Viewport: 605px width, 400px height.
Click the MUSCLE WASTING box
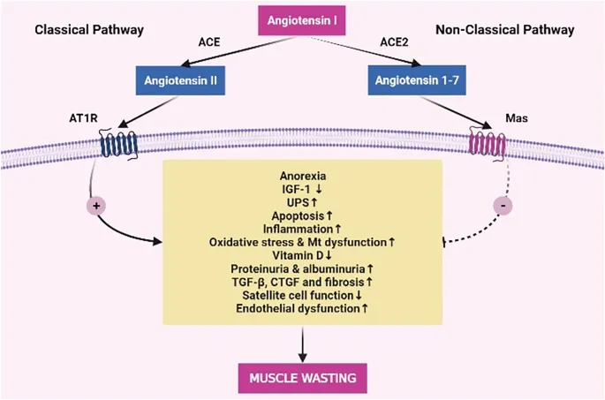(302, 379)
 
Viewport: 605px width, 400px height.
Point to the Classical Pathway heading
(88, 30)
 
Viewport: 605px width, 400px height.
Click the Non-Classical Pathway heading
(504, 30)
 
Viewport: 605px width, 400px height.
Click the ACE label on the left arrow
(209, 40)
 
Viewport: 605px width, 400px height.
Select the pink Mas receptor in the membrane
(486, 145)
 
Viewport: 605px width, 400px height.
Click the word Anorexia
(302, 175)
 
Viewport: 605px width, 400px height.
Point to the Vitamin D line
(302, 254)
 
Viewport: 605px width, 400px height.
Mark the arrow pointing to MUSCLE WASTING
(302, 343)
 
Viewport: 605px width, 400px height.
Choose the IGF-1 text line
(302, 188)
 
